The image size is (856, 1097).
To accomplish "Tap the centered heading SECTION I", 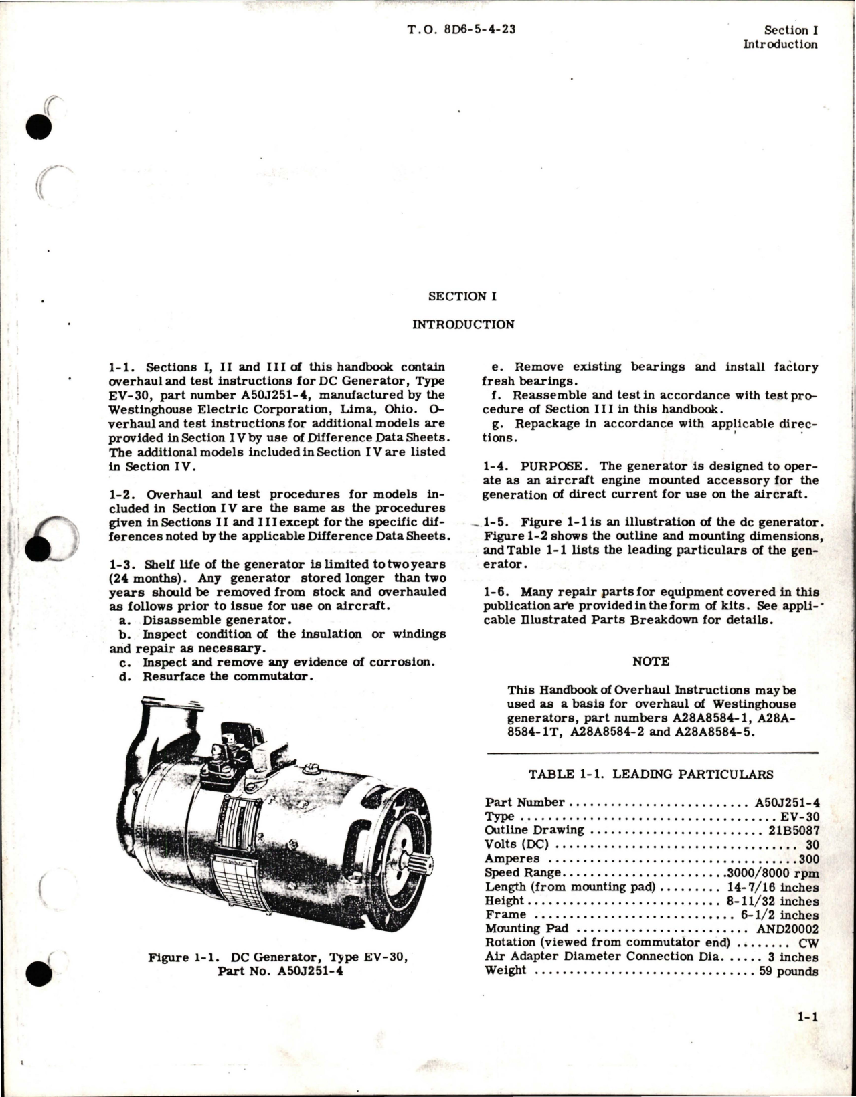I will pos(462,296).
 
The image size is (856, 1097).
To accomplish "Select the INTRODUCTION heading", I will pos(463,325).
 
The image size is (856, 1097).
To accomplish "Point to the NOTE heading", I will pos(651,661).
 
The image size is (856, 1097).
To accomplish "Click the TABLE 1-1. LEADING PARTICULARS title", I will pos(651,774).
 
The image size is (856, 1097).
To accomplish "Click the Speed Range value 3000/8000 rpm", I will pos(772,873).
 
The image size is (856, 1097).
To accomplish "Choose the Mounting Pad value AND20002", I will pos(788,928).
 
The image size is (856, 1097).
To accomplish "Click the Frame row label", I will pos(506,914).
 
